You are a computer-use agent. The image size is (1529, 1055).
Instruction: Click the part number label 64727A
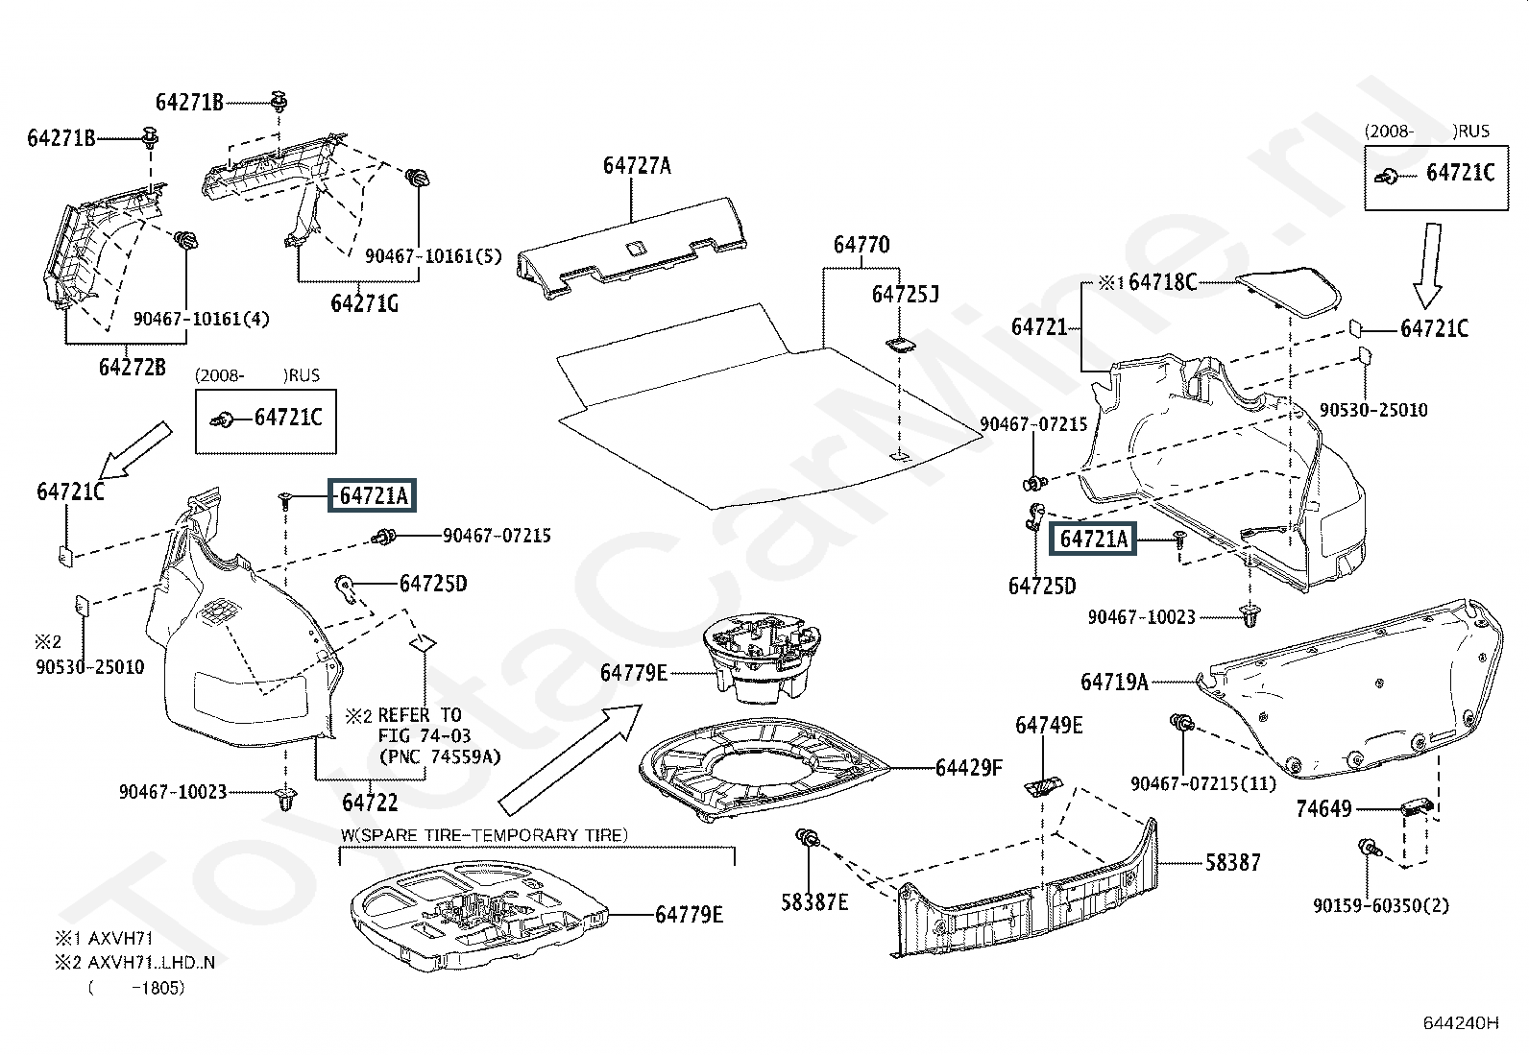tap(637, 165)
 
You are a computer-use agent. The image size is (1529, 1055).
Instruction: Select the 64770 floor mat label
tap(861, 245)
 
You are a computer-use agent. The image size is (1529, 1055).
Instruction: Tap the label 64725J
tap(905, 294)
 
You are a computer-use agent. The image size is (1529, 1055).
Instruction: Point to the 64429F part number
tap(968, 767)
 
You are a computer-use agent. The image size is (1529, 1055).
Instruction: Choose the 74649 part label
tap(1323, 808)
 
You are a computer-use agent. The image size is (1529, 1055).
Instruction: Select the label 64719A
tap(1114, 682)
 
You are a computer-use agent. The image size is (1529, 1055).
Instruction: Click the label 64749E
tap(1048, 726)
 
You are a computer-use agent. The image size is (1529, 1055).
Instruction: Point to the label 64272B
tap(132, 366)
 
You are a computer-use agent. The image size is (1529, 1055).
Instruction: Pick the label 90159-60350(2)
tap(1381, 904)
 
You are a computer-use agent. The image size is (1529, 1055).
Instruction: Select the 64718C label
tap(1162, 281)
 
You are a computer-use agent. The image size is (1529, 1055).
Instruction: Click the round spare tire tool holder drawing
tap(761, 658)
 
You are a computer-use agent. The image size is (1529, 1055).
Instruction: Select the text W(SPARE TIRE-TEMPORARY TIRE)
tap(483, 835)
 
